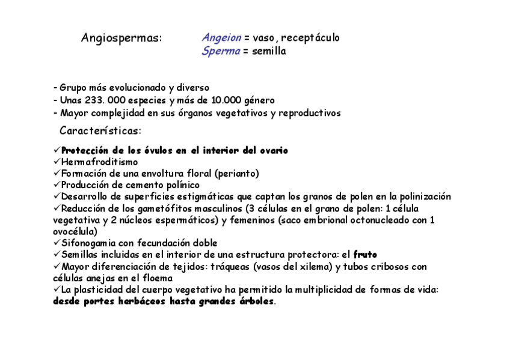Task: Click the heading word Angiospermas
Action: pyautogui.click(x=121, y=38)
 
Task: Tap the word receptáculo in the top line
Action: pyautogui.click(x=310, y=38)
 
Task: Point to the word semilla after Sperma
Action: pyautogui.click(x=269, y=51)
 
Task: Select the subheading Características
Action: pyautogui.click(x=100, y=130)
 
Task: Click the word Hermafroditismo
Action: pyautogui.click(x=99, y=162)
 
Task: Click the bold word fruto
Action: pyautogui.click(x=365, y=255)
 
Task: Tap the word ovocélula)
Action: pyautogui.click(x=75, y=231)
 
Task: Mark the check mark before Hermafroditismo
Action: pyautogui.click(x=57, y=162)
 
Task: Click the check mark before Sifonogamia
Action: pyautogui.click(x=57, y=243)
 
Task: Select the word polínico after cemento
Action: pyautogui.click(x=180, y=185)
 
